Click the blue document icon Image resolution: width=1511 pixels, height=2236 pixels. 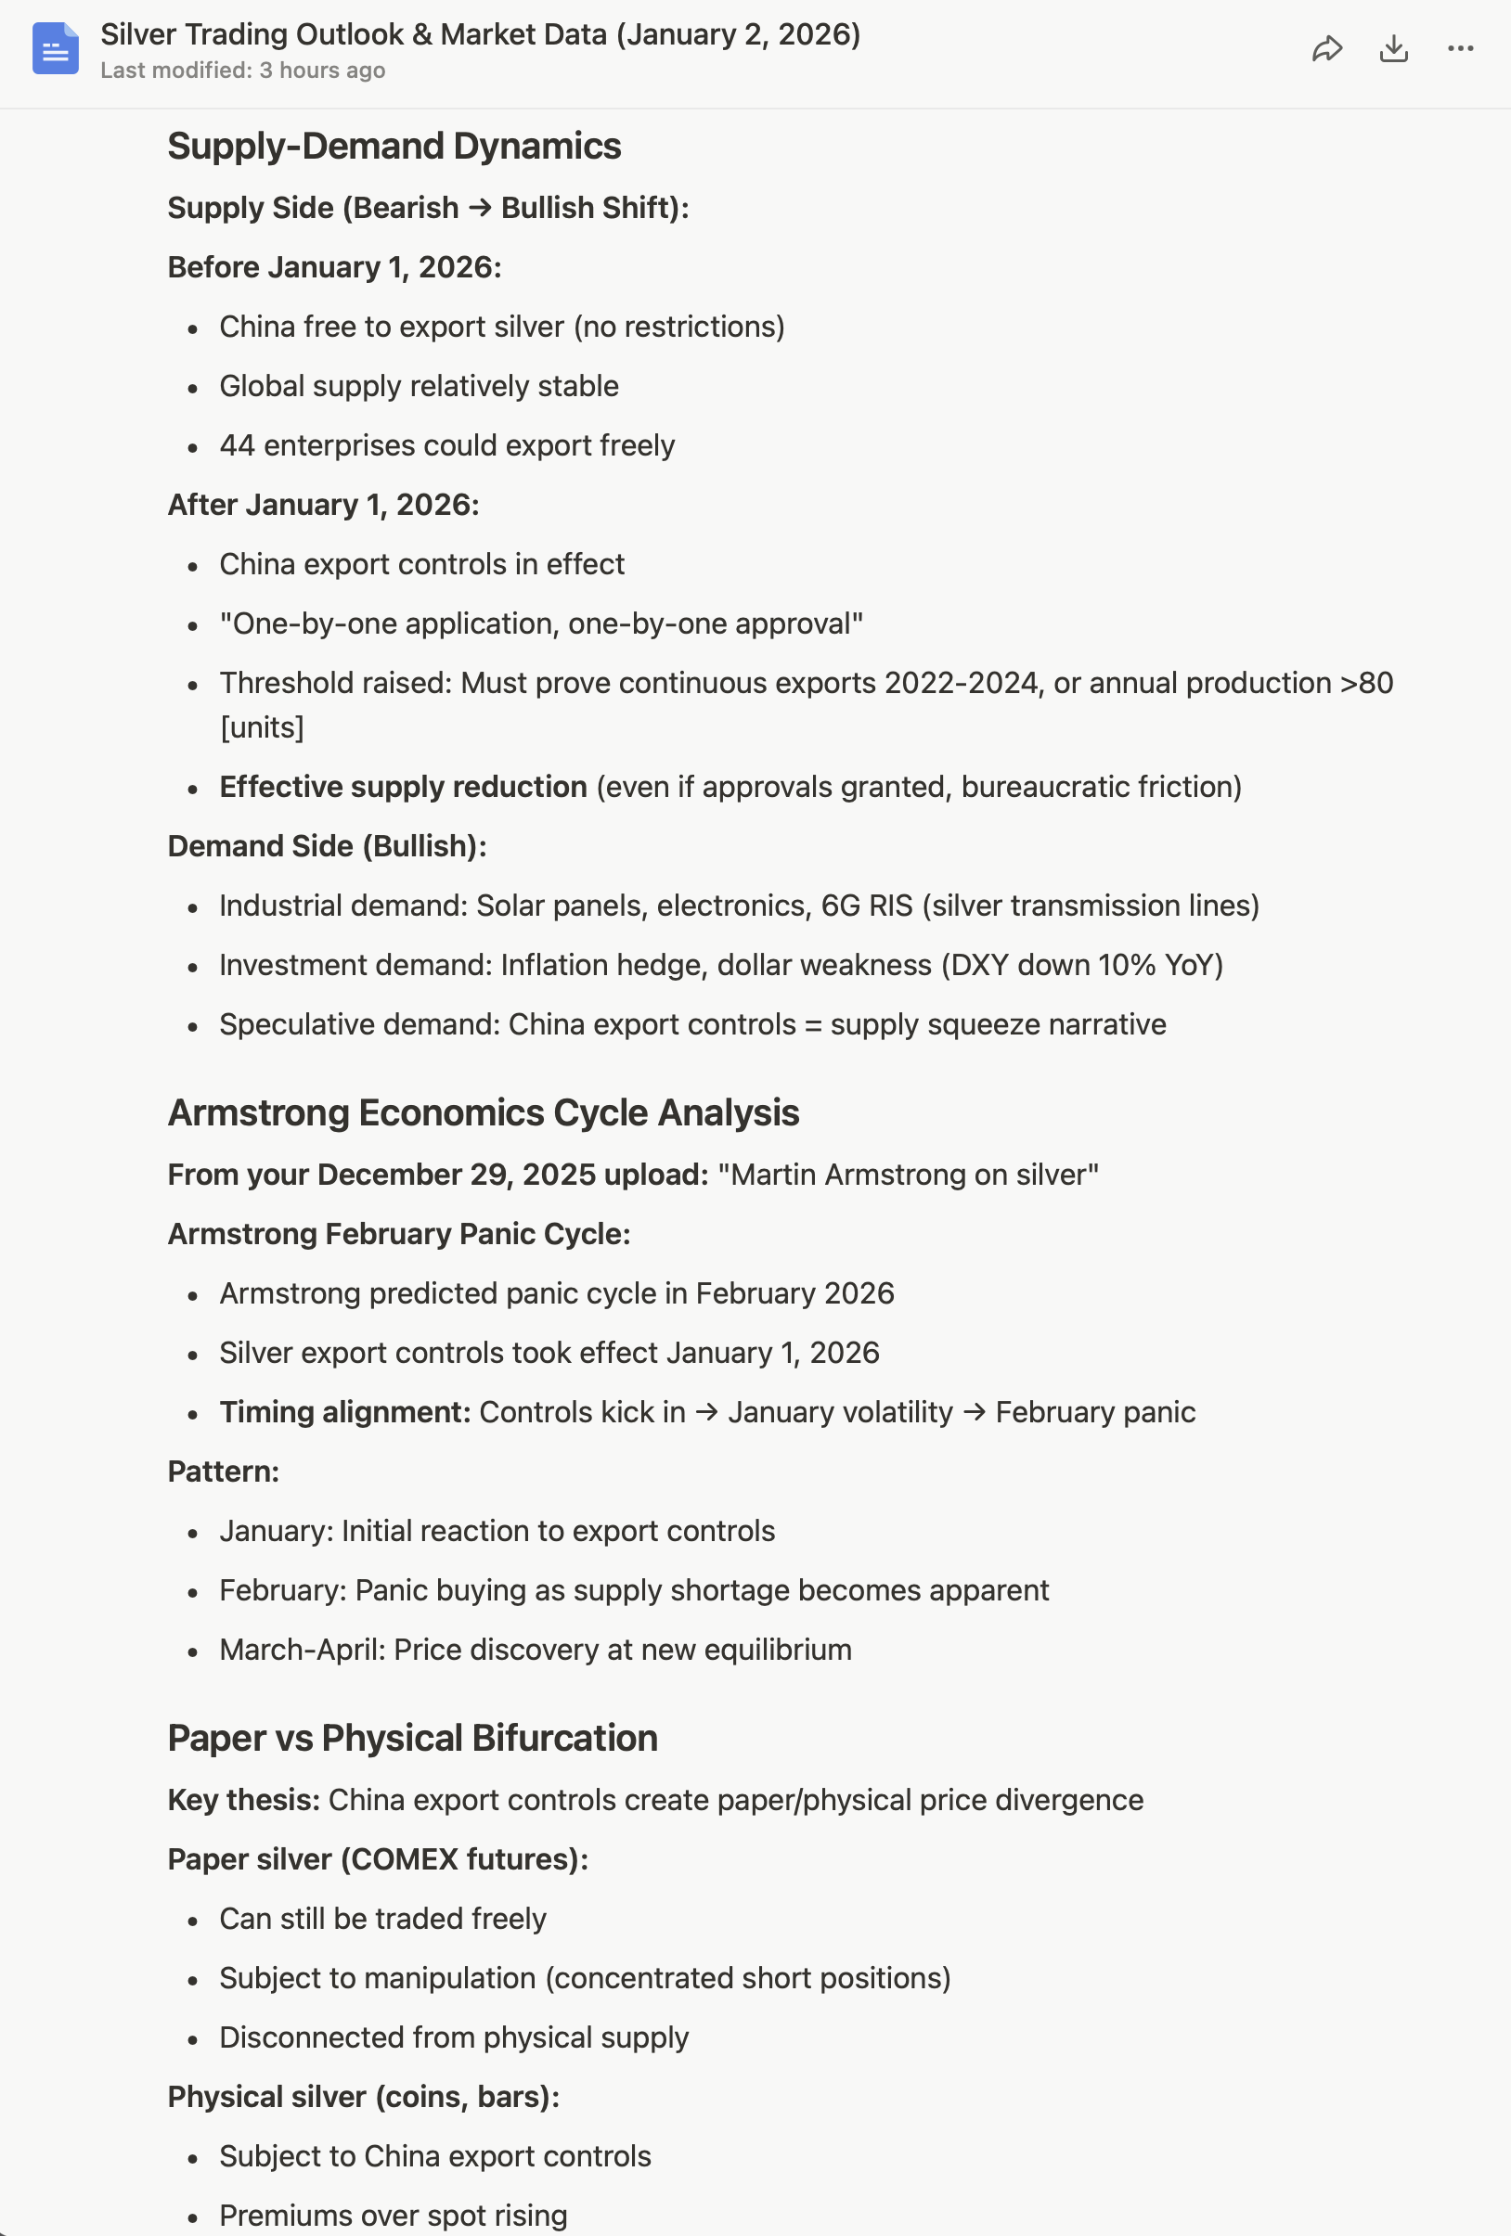(55, 48)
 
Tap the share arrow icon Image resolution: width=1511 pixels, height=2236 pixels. (1327, 49)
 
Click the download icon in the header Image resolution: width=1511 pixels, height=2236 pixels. (1393, 49)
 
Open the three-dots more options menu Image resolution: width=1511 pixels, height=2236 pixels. (1460, 49)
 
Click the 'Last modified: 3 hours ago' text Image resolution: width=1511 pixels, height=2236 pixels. (242, 71)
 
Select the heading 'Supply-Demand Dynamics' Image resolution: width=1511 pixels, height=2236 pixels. (394, 147)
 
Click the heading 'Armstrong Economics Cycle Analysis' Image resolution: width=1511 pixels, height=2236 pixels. (484, 1112)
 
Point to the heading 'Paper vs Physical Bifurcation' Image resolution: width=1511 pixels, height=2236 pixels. (412, 1738)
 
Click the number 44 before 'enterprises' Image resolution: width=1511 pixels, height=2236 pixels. (237, 445)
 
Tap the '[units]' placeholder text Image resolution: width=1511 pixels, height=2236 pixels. (262, 727)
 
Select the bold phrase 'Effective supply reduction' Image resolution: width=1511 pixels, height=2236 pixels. (403, 787)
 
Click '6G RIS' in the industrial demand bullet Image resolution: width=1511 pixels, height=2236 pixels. (866, 906)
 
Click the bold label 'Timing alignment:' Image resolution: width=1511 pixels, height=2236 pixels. (344, 1412)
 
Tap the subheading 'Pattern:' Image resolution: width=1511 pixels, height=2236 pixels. (224, 1471)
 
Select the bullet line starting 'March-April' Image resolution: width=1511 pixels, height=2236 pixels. (536, 1650)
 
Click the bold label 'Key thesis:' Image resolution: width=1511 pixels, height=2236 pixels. (243, 1800)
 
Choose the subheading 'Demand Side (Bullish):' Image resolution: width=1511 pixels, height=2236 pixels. (328, 846)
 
